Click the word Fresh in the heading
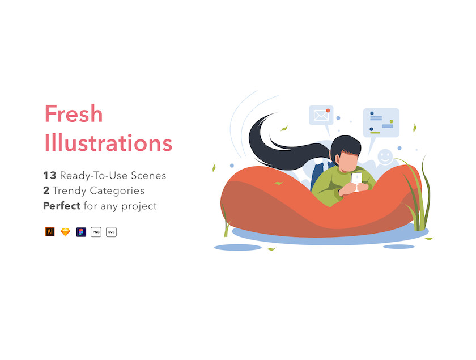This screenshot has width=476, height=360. click(x=74, y=113)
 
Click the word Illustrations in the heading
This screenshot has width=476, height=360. click(x=108, y=142)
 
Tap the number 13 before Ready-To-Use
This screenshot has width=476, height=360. click(x=50, y=175)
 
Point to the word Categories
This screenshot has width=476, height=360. click(x=117, y=191)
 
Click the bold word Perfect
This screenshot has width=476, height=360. click(x=62, y=206)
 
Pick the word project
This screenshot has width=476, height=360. click(x=139, y=206)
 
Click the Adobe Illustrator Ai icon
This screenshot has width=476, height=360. click(x=50, y=232)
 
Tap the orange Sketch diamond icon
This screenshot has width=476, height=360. click(x=65, y=232)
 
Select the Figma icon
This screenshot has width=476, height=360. click(x=81, y=232)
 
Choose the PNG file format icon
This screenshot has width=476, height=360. click(x=96, y=232)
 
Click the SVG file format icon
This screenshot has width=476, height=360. click(x=112, y=232)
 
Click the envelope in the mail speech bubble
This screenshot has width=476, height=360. click(x=321, y=116)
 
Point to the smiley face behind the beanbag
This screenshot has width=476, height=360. click(x=385, y=157)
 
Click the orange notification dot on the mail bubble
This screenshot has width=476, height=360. click(x=328, y=111)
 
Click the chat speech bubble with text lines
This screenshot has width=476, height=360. click(x=381, y=122)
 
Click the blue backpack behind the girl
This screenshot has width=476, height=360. click(x=318, y=176)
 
